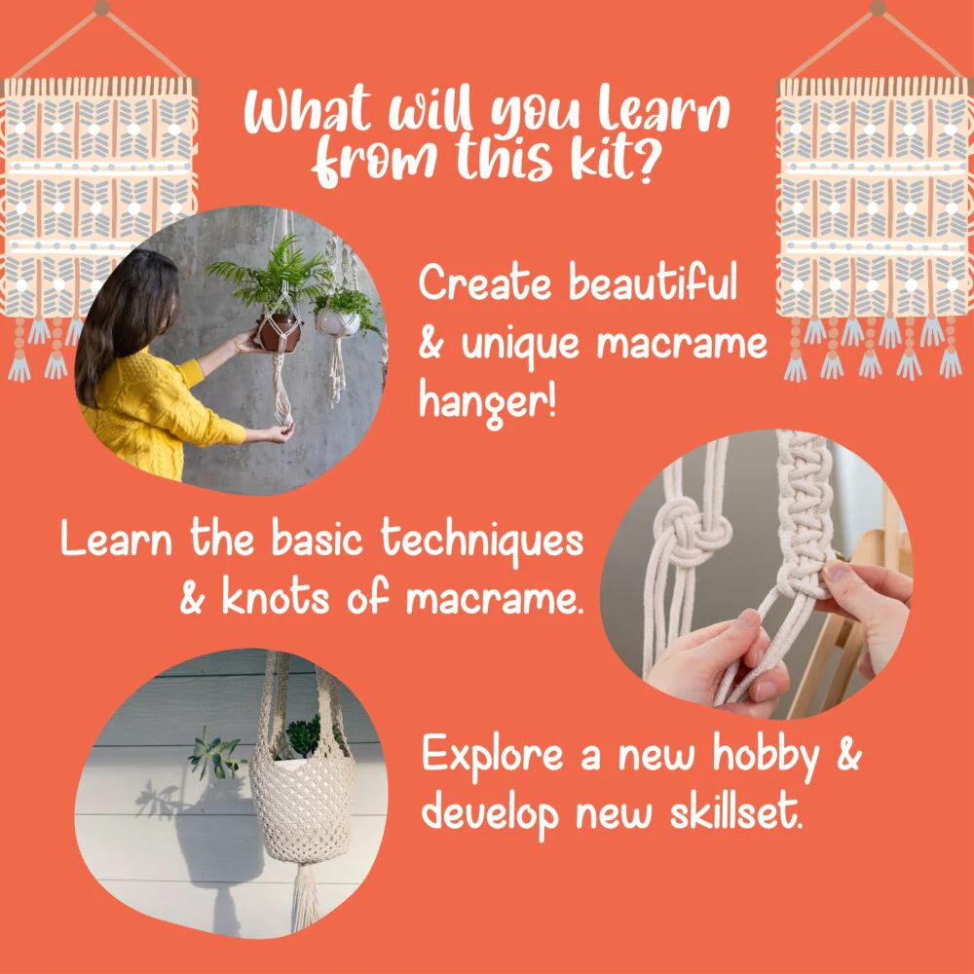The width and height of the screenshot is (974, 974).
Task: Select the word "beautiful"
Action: (653, 282)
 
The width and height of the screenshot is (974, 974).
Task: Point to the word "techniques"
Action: (482, 540)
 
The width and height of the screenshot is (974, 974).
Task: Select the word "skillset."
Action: (736, 810)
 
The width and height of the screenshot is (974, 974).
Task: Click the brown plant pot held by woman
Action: (279, 332)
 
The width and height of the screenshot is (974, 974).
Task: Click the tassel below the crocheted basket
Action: (305, 895)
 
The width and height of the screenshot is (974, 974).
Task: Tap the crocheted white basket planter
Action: (303, 807)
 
